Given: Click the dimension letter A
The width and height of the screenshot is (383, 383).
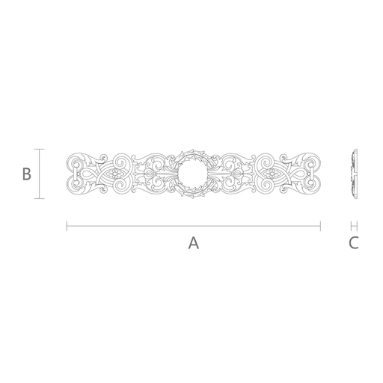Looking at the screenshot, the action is coord(194,243).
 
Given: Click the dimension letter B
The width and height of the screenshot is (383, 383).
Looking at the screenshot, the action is coord(27,174).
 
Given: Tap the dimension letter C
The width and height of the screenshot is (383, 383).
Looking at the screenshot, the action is coord(354,243).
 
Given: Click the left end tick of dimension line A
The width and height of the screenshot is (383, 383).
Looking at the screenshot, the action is coord(67,226).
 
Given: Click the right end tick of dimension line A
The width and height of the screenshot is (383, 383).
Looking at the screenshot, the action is coord(320,226).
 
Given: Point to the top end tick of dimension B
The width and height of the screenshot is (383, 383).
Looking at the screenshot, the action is coord(39,149).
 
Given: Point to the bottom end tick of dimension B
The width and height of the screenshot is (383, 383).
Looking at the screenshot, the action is coord(39,198).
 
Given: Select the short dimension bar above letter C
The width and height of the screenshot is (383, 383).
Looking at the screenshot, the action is coord(354,226).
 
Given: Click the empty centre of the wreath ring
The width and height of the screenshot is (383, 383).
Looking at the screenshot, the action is coord(192,174).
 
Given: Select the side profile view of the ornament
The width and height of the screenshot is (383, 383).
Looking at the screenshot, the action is coord(355,174).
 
